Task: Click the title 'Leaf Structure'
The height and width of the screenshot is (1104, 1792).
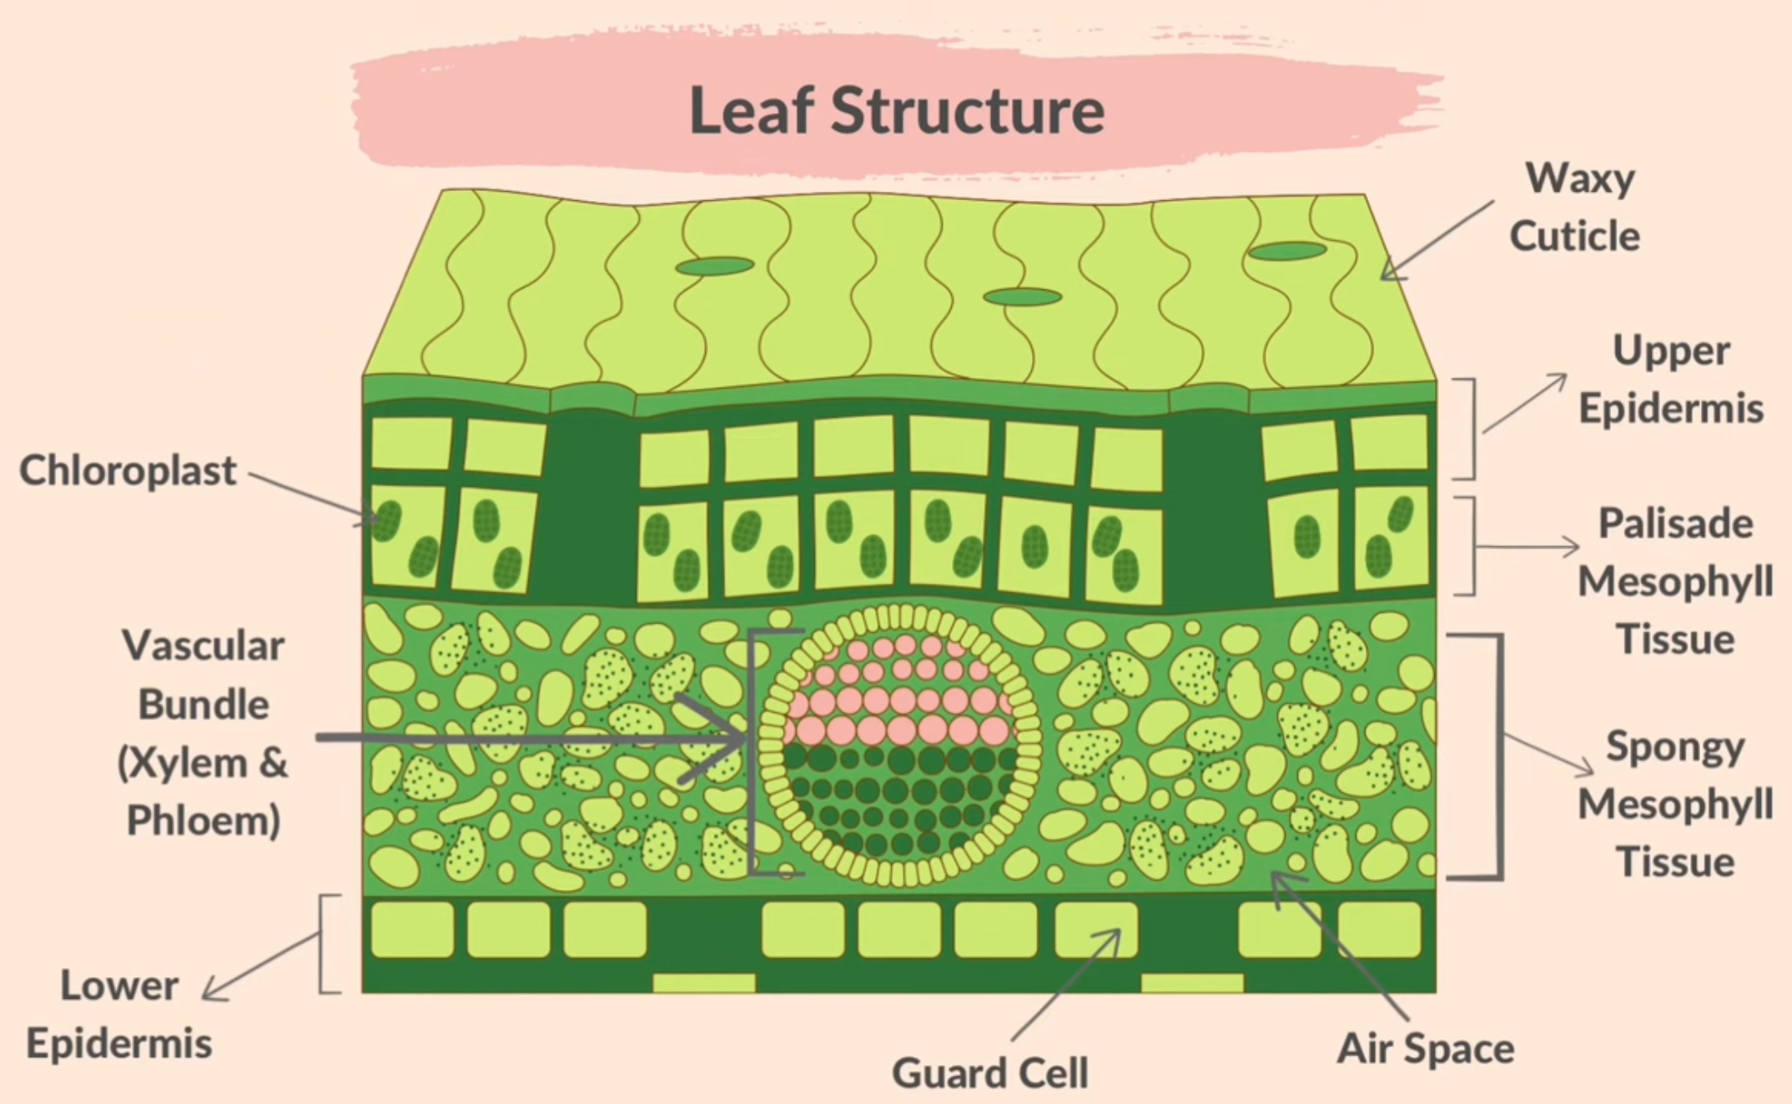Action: (x=897, y=111)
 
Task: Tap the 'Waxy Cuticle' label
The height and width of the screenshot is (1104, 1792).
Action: (x=1576, y=207)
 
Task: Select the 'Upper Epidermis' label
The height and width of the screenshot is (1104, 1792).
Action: (x=1670, y=379)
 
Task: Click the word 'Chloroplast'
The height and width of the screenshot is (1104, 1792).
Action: (x=128, y=470)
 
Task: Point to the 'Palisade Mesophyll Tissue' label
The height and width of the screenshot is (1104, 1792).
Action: (x=1675, y=581)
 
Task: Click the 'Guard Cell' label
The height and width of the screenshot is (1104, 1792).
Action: (x=989, y=1072)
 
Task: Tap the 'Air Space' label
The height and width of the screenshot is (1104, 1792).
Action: (x=1425, y=1048)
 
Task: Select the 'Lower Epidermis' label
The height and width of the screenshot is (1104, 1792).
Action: (x=119, y=1014)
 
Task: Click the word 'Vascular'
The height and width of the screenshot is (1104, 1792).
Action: (x=204, y=645)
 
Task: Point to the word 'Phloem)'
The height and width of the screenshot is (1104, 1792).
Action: (x=204, y=820)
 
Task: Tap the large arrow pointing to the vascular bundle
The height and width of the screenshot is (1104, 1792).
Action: (x=534, y=738)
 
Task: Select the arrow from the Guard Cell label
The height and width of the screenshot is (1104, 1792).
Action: (x=1065, y=986)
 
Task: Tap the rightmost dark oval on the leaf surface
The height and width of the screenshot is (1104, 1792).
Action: (x=1287, y=251)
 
